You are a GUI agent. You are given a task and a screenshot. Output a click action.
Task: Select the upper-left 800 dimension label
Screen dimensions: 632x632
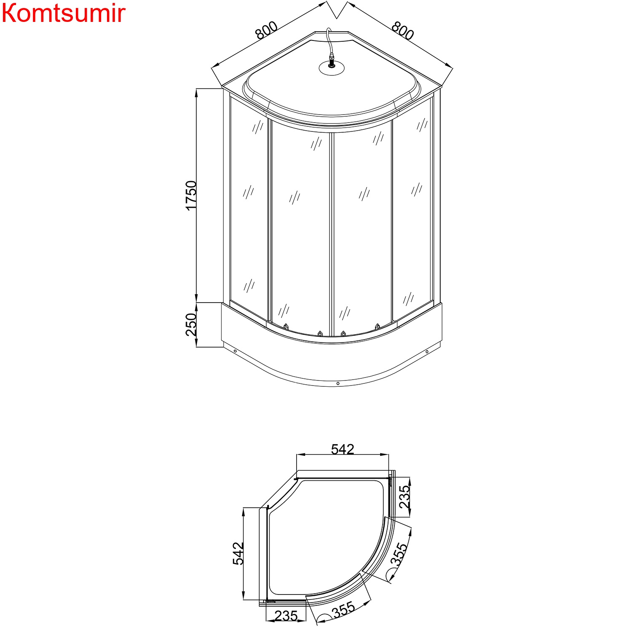(266, 30)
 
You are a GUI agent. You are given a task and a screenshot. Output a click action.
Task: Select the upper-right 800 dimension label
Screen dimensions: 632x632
(403, 30)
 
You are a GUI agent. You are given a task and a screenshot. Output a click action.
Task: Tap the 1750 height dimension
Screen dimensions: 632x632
(191, 195)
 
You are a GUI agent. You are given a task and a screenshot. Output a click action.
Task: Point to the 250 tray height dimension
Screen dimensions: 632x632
(191, 324)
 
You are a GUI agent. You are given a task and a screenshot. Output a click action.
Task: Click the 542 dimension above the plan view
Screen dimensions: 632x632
(342, 450)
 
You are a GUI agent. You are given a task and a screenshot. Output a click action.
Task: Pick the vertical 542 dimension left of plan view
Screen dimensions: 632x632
(238, 553)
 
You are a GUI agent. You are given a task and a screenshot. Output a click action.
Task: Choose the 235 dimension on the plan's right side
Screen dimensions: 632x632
(404, 497)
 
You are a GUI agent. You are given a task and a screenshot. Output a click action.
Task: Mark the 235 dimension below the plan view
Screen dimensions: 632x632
(286, 616)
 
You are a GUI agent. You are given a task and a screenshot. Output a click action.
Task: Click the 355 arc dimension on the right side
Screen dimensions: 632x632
(399, 554)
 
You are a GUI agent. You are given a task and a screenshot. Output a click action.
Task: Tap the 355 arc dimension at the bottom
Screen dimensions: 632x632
(343, 610)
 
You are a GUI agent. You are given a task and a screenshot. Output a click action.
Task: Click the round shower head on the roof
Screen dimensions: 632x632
(332, 67)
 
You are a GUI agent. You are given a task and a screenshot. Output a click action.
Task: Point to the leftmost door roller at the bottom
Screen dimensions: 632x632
(286, 327)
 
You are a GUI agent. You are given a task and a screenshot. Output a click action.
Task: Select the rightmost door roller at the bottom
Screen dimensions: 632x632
(378, 327)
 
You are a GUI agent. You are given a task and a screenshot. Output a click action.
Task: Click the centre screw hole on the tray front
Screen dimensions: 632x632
(338, 383)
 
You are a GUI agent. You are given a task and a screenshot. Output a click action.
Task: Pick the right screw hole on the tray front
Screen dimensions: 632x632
(427, 351)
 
